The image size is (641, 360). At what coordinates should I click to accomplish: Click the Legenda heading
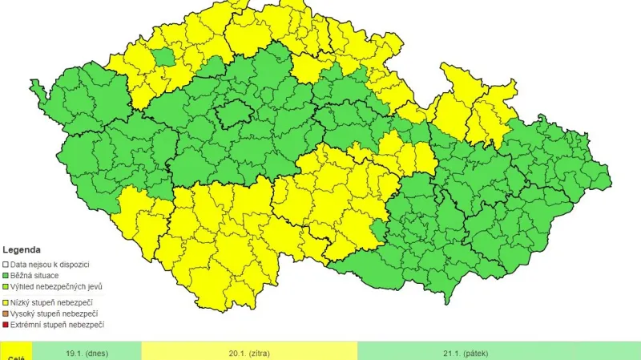[22, 249]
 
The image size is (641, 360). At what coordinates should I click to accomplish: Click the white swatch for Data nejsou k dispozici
[5, 264]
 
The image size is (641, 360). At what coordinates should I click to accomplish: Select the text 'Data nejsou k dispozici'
[49, 264]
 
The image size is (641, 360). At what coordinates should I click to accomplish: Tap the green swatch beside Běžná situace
[5, 275]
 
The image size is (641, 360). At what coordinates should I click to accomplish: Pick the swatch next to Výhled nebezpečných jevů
[5, 286]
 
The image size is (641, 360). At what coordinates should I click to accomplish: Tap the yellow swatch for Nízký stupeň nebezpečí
[5, 301]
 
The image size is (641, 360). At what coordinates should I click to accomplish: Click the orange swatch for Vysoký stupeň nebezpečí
[5, 313]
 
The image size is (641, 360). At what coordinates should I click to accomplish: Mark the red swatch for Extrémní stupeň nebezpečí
[5, 325]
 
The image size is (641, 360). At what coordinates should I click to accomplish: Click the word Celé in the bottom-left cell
[15, 357]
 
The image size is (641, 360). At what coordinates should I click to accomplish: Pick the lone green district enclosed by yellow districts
[163, 56]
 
